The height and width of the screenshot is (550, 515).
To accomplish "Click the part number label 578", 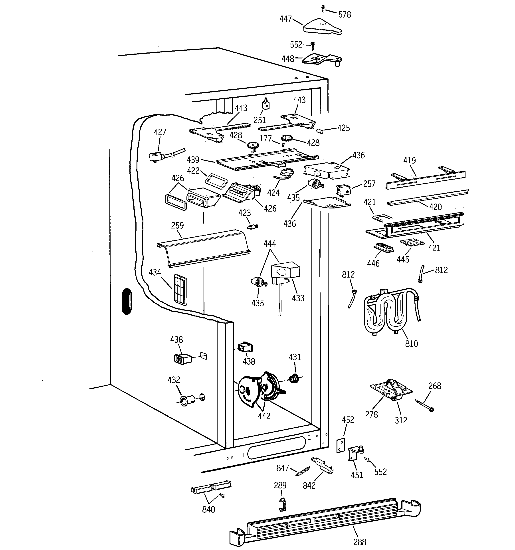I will tap(345, 14).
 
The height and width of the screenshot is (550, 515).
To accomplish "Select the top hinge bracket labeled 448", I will tap(321, 59).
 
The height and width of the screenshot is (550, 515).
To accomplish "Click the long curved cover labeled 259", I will tap(204, 248).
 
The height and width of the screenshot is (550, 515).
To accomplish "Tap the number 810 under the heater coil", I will tap(411, 343).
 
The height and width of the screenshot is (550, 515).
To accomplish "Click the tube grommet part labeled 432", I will tap(184, 400).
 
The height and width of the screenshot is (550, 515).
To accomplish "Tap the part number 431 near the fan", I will tap(295, 357).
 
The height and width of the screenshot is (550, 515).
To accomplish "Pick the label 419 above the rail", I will tap(409, 160).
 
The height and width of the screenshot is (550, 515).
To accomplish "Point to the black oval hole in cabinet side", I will tap(127, 301).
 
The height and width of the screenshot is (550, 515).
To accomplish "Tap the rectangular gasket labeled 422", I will tap(216, 180).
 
